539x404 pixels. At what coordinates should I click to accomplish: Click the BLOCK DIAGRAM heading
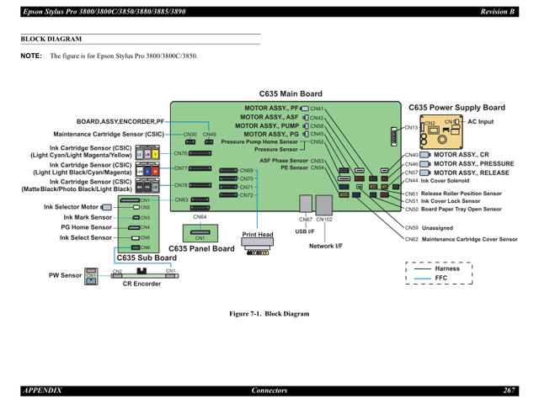click(x=51, y=39)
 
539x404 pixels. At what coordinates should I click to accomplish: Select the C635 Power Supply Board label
click(x=456, y=108)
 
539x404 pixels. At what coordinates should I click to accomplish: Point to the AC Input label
click(x=481, y=122)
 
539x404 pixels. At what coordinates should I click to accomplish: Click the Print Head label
click(x=258, y=235)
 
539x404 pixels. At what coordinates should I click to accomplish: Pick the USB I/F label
click(x=305, y=231)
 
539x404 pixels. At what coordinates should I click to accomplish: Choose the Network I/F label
click(x=325, y=246)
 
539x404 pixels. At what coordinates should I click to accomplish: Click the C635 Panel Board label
click(x=201, y=249)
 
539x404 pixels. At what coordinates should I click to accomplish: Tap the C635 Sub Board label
click(x=147, y=258)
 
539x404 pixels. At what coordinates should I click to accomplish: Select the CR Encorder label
click(x=141, y=284)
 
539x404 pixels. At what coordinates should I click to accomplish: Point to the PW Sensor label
click(x=65, y=274)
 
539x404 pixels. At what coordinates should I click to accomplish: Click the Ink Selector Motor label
click(x=72, y=206)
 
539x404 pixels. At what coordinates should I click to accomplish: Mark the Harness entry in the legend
click(x=447, y=268)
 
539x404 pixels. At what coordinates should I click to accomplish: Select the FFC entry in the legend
click(x=441, y=278)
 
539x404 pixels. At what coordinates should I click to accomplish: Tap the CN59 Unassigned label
click(x=437, y=227)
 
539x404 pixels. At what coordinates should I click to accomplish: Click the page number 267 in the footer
click(x=510, y=391)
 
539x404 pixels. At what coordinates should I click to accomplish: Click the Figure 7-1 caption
click(x=269, y=314)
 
